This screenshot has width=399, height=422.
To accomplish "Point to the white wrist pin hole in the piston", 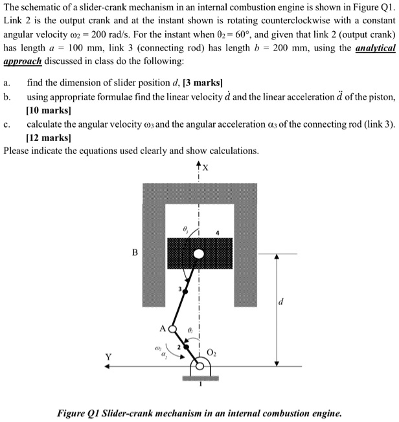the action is pyautogui.click(x=199, y=253).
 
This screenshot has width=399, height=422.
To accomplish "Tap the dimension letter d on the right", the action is pyautogui.click(x=280, y=302).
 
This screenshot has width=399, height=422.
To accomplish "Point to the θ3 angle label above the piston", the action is pyautogui.click(x=187, y=228).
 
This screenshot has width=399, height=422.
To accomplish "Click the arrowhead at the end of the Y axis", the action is pyautogui.click(x=111, y=366).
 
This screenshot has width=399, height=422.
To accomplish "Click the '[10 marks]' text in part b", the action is pyautogui.click(x=49, y=111).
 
